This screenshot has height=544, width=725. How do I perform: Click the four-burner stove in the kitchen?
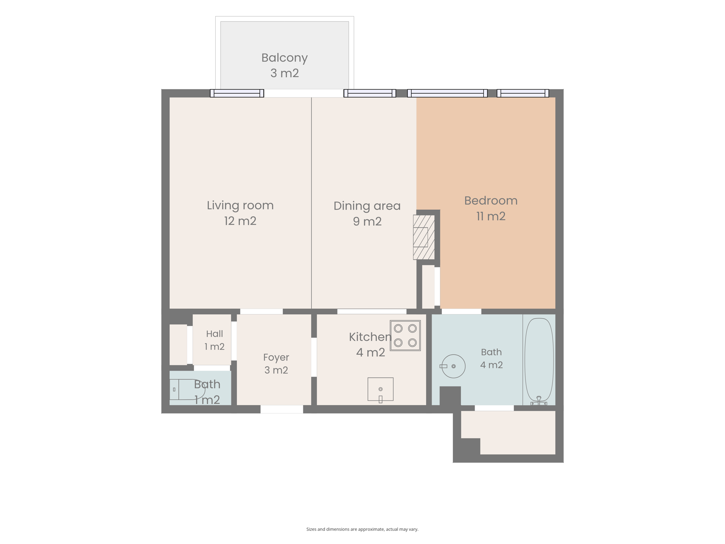tap(405, 335)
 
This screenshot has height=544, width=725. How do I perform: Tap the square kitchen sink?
tap(380, 389)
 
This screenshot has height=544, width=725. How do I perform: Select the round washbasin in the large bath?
tap(453, 366)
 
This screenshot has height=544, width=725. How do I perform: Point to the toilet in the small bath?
tap(187, 389)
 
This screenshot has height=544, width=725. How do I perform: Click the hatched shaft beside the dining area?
tap(424, 237)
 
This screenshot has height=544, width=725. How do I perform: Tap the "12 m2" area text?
tap(240, 221)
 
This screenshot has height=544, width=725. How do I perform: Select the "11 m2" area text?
tap(491, 216)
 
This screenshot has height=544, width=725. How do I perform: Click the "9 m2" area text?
tap(367, 222)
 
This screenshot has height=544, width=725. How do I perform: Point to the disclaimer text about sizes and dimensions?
tap(362, 529)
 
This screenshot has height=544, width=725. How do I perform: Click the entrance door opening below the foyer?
tap(282, 409)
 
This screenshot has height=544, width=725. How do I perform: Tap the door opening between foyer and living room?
tap(261, 312)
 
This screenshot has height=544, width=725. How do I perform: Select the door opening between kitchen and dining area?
tap(372, 312)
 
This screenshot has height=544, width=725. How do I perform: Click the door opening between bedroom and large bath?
tap(461, 312)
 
